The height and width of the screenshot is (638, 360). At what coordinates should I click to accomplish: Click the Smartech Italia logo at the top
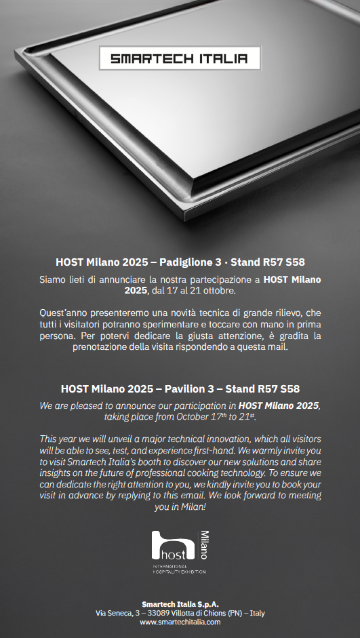pos(180,58)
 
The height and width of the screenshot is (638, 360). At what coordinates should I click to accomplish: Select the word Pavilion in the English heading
pos(184,388)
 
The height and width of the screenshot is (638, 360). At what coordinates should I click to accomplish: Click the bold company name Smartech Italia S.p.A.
pos(180,603)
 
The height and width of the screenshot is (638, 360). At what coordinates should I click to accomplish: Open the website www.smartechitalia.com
pos(180,622)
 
